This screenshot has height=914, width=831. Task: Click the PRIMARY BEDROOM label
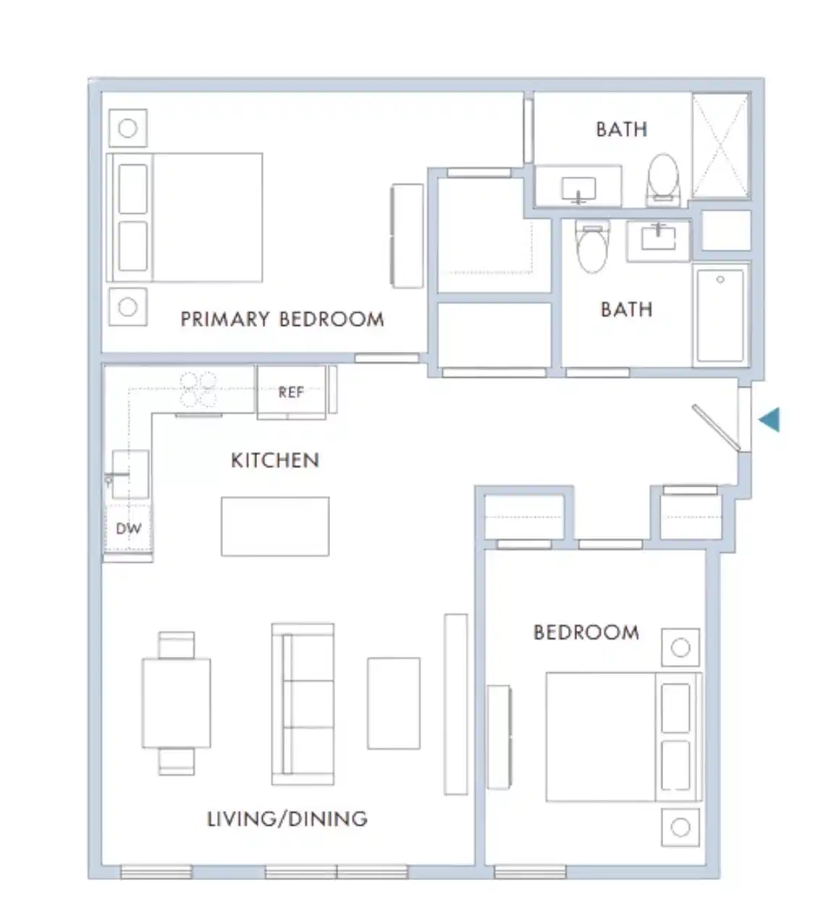[x=282, y=319]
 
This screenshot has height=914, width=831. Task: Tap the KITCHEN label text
[x=274, y=461]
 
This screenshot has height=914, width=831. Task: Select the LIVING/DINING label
[x=287, y=819]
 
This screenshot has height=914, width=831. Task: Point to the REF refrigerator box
[x=291, y=393]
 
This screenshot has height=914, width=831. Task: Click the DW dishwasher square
[x=128, y=528]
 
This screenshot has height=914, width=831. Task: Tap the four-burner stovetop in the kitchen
[x=198, y=390]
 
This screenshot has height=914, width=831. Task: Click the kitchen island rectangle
[x=275, y=527]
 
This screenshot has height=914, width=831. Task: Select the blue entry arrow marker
[x=769, y=419]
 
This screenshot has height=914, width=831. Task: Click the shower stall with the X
[x=720, y=146]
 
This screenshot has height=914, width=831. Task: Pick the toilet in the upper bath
[x=663, y=177]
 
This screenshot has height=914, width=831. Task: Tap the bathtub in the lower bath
[x=720, y=314]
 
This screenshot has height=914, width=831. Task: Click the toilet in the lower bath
[x=593, y=248]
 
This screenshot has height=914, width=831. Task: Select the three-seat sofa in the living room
[x=303, y=704]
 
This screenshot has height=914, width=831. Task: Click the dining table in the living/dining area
[x=176, y=703]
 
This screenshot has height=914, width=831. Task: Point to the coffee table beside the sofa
[x=393, y=703]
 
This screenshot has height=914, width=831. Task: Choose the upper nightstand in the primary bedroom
[x=128, y=129]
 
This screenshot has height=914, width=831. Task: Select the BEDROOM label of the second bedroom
[x=586, y=633]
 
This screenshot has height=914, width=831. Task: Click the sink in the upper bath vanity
[x=578, y=190]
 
